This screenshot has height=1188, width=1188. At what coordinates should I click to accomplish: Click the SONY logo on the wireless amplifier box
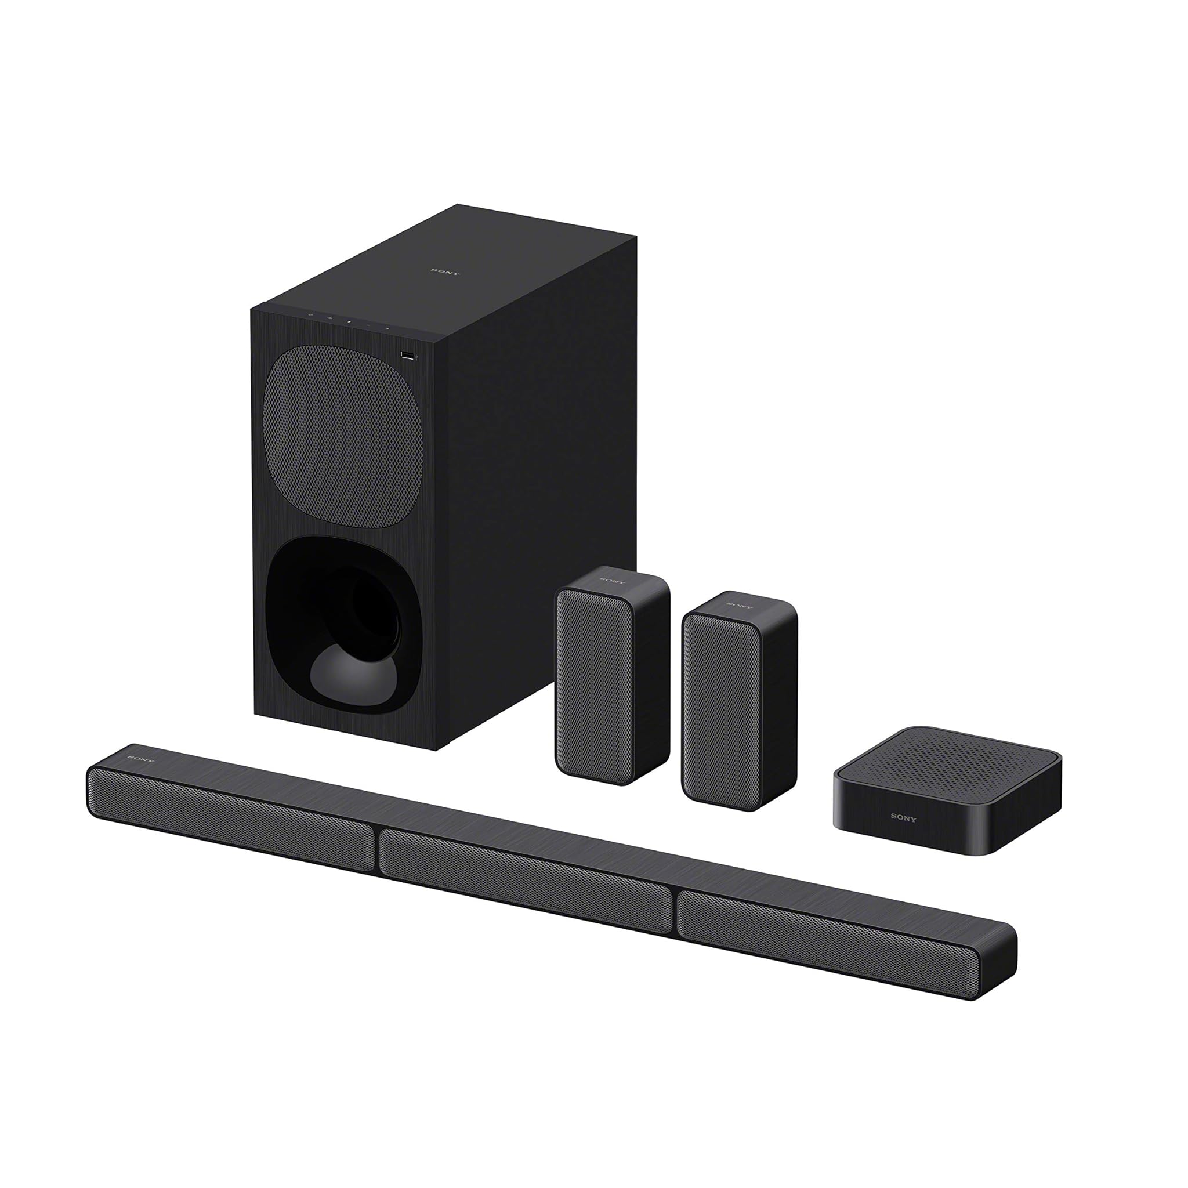[903, 818]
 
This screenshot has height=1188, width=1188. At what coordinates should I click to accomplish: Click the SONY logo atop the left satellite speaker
[611, 580]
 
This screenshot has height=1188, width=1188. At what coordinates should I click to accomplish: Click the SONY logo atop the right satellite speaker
[740, 605]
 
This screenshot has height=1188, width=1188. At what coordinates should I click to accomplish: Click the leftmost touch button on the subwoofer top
[310, 315]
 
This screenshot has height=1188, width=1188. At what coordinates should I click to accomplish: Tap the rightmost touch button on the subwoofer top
[387, 328]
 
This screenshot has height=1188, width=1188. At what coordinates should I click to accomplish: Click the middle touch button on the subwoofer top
[349, 321]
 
